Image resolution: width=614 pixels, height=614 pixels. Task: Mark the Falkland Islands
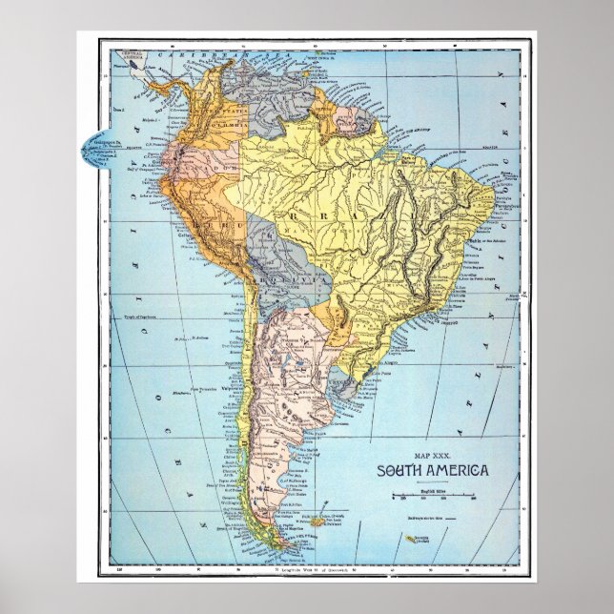(x=317, y=522)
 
